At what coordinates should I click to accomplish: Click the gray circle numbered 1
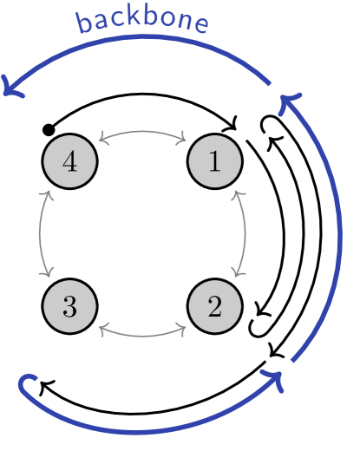tap(214, 162)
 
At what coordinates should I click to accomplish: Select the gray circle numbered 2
tap(214, 306)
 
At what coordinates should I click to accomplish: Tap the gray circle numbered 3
tap(69, 306)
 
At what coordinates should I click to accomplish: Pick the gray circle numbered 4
tap(69, 162)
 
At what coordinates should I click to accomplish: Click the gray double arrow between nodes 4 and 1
tap(142, 132)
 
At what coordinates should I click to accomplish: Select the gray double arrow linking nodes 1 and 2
tap(245, 234)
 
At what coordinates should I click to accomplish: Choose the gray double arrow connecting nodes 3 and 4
tap(40, 234)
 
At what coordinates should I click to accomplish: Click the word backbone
tap(142, 21)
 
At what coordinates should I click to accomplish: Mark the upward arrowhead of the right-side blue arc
tap(289, 102)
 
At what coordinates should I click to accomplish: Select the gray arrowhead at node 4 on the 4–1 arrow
tap(101, 137)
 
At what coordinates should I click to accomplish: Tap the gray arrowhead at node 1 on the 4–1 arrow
tap(183, 137)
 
